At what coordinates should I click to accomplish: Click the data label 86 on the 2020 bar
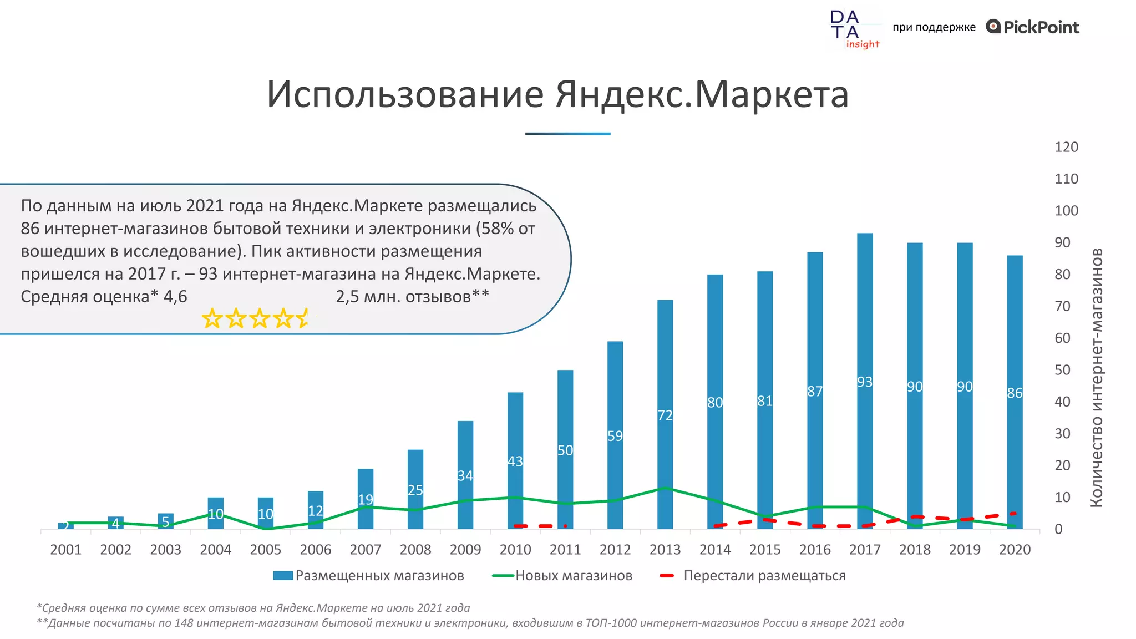click(1015, 393)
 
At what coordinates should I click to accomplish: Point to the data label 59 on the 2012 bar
click(615, 436)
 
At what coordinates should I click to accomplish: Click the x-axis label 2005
click(265, 550)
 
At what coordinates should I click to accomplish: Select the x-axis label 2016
click(815, 550)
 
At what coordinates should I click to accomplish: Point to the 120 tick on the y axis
click(1066, 147)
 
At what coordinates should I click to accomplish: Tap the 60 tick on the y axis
click(1062, 338)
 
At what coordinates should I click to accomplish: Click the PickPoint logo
click(1032, 27)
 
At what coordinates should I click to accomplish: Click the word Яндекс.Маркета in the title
click(702, 94)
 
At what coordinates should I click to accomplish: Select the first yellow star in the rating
click(212, 319)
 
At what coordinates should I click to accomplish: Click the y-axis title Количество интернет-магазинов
click(1096, 377)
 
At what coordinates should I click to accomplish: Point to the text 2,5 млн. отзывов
click(412, 297)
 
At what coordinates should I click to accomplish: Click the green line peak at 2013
click(665, 488)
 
